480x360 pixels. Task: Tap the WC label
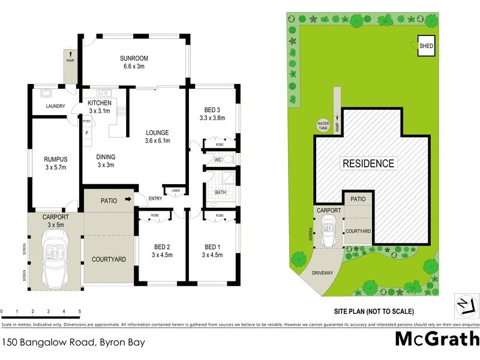click(x=219, y=160)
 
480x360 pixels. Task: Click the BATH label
click(x=221, y=193)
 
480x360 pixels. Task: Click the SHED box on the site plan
click(x=426, y=46)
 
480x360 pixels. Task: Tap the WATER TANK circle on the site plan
click(x=323, y=126)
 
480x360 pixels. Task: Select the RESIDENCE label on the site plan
click(x=368, y=163)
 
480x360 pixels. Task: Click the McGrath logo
click(x=437, y=340)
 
